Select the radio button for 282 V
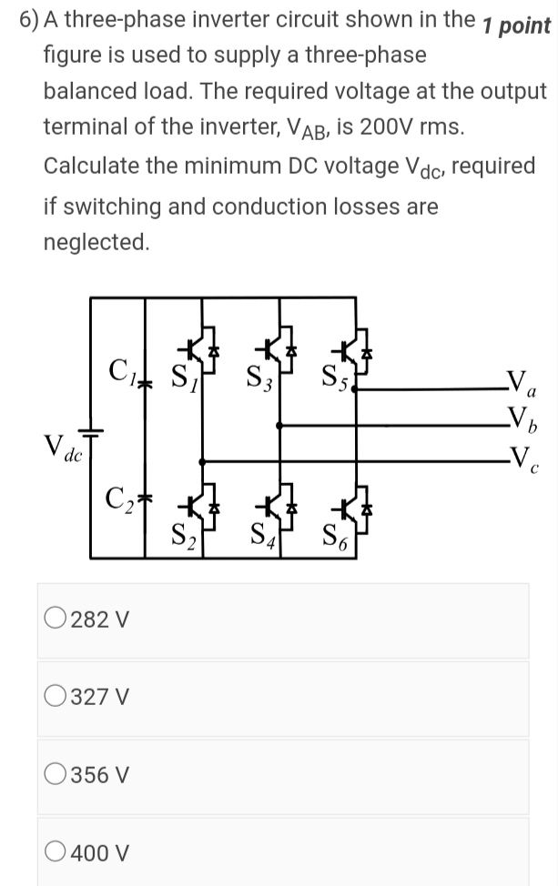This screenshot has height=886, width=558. (55, 619)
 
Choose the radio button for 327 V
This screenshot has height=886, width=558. (55, 698)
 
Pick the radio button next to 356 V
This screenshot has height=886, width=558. (55, 775)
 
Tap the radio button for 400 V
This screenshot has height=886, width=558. (55, 853)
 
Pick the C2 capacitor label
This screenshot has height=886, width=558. (121, 499)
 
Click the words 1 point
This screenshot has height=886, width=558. (516, 25)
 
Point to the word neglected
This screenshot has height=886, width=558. (96, 242)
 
